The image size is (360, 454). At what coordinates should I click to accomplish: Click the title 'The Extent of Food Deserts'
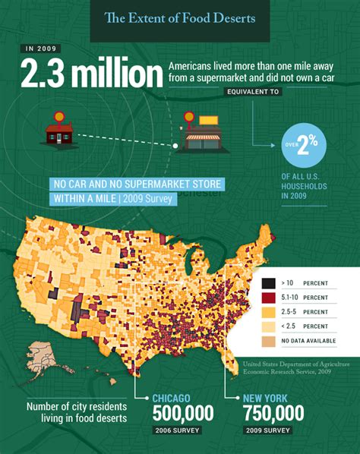click(x=180, y=17)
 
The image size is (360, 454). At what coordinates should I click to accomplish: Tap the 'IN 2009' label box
click(x=41, y=49)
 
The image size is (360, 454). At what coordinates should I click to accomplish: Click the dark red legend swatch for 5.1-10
click(x=268, y=297)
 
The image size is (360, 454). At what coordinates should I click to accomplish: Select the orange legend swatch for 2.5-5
click(x=268, y=311)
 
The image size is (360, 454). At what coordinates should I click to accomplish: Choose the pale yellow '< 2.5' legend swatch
click(x=268, y=326)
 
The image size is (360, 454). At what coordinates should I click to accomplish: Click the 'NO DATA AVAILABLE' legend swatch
click(x=268, y=340)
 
